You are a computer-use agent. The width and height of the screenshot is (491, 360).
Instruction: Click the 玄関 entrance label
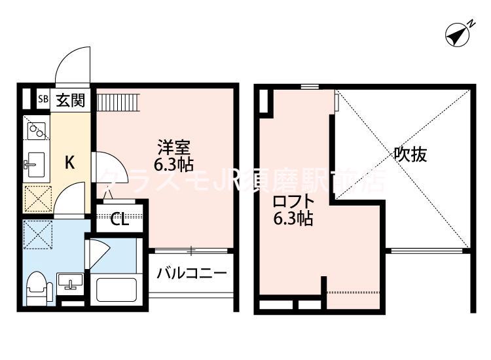tap(69, 100)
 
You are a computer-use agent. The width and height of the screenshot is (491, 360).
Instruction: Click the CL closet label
tap(119, 219)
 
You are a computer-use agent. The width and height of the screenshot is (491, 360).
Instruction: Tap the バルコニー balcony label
tap(191, 273)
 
